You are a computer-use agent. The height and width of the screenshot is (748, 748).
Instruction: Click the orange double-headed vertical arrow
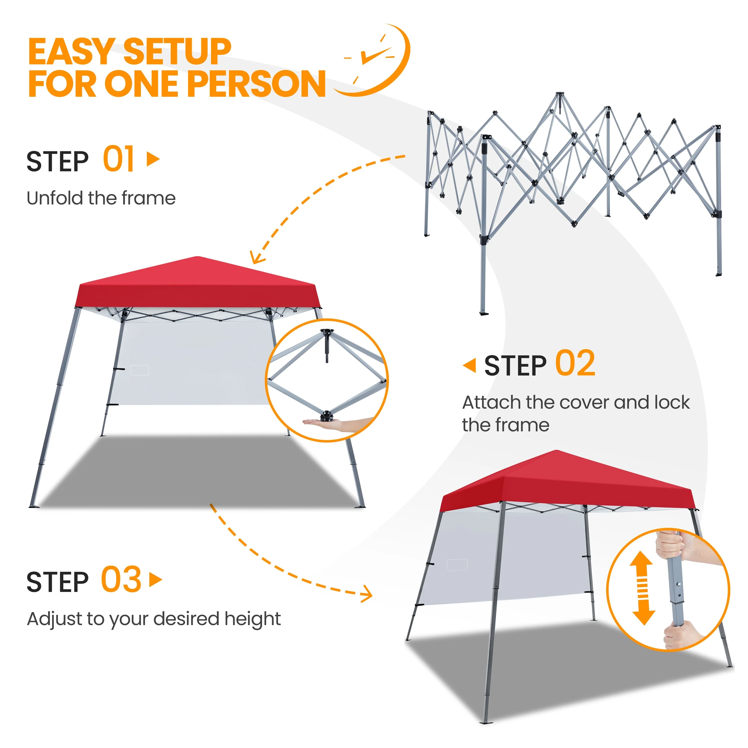[643, 588]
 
